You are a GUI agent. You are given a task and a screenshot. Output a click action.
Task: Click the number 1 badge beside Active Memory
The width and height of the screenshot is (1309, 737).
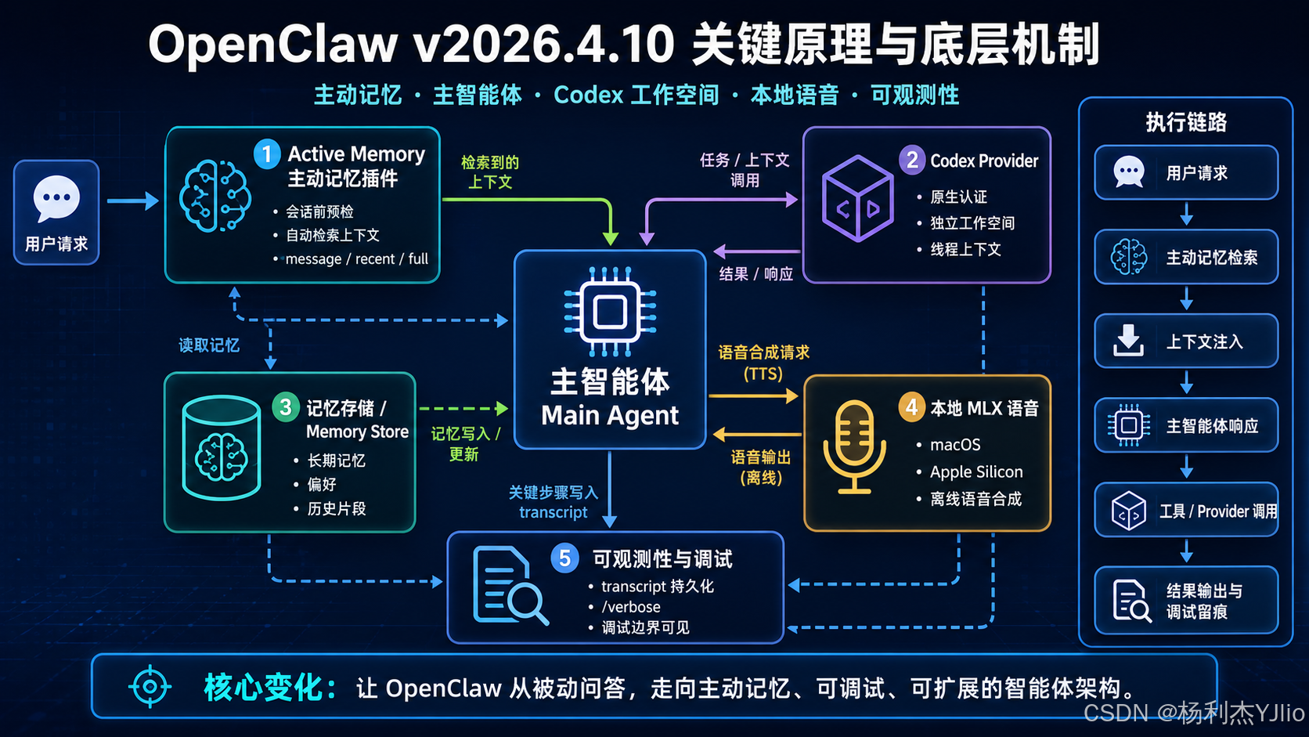coord(267,154)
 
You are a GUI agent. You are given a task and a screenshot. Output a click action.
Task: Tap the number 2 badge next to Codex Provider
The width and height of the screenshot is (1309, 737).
coord(912,160)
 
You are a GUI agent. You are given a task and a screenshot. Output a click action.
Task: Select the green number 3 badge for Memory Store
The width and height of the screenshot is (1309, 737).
coord(286,406)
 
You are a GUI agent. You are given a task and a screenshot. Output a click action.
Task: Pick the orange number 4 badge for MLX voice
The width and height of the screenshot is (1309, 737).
coord(911,406)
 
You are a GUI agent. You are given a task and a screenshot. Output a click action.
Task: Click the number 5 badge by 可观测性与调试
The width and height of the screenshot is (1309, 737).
coord(564,558)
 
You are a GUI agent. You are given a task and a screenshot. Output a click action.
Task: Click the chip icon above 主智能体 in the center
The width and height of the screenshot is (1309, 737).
coord(610,311)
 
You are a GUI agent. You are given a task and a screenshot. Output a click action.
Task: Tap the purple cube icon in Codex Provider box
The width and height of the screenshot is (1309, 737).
coord(858,199)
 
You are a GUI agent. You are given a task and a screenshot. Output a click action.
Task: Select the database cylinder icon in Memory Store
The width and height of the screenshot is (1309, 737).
coord(221,448)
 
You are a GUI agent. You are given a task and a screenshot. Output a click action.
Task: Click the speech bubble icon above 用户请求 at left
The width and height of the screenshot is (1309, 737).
coord(56,198)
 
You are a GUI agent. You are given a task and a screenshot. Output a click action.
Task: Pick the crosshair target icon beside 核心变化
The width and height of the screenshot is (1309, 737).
coord(150,686)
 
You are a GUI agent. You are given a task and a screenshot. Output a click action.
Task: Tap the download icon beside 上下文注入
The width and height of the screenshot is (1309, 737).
coord(1128,341)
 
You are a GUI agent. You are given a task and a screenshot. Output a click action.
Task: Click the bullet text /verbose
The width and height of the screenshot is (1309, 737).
coord(631,607)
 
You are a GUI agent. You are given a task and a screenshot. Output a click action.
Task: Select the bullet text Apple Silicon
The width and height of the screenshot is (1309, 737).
coord(976,471)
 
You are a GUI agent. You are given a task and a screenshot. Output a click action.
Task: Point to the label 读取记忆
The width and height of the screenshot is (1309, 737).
coord(208,345)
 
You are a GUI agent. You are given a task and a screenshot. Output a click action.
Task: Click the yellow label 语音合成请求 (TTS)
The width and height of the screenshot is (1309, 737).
coord(763,363)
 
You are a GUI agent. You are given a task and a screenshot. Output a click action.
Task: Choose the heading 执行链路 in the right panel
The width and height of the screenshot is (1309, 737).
coord(1186,123)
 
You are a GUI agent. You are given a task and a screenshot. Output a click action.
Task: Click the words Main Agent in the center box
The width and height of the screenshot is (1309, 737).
coord(610,416)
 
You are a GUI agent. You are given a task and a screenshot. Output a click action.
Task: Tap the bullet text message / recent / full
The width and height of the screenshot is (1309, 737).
coord(356,259)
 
